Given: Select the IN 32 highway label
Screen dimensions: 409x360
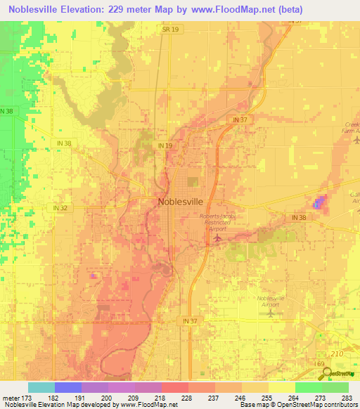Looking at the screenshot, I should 60,208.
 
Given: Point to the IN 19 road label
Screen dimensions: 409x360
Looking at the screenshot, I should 165,145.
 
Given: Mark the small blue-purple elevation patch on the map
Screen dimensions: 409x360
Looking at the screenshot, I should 319,204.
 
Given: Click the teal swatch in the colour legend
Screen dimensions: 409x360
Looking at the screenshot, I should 41,387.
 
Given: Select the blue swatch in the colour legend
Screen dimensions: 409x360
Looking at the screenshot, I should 67,387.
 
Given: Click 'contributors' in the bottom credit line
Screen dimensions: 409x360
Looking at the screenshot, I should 340,405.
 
